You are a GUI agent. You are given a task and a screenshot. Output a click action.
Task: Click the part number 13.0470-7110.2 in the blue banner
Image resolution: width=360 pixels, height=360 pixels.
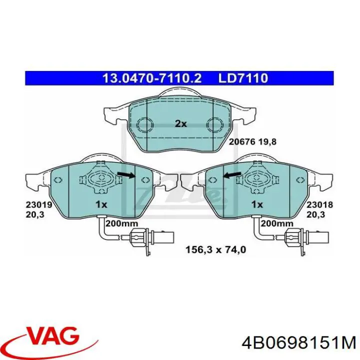[x=151, y=78]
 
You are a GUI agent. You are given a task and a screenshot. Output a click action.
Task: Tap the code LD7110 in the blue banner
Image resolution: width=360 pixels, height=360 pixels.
[x=243, y=78]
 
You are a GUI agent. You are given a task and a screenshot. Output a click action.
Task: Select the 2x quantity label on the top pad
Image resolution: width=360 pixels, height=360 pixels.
[x=180, y=123]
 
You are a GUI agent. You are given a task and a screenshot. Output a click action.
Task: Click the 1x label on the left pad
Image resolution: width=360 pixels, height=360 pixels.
[x=101, y=204]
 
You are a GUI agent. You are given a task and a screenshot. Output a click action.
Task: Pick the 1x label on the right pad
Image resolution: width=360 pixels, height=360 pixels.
[x=257, y=204]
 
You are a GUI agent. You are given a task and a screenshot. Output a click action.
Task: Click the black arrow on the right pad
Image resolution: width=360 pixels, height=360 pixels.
[x=232, y=174]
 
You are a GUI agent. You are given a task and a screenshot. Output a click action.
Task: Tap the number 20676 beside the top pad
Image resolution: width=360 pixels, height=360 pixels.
[x=242, y=141]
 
